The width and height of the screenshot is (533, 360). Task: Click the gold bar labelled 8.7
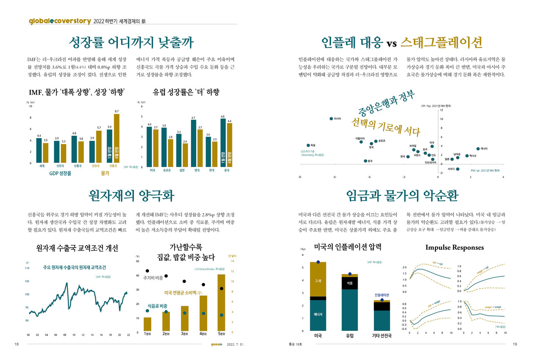pyautogui.click(x=116, y=138)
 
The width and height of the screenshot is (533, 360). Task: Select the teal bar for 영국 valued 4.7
pyautogui.click(x=193, y=144)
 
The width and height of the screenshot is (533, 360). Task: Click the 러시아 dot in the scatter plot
pyautogui.click(x=331, y=119)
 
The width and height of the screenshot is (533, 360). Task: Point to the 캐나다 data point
pyautogui.click(x=478, y=149)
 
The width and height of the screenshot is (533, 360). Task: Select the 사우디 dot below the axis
pyautogui.click(x=458, y=169)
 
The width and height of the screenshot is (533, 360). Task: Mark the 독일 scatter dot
pyautogui.click(x=308, y=145)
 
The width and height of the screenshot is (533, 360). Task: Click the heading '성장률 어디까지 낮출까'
pyautogui.click(x=131, y=42)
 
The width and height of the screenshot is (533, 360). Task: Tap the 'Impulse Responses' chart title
pyautogui.click(x=454, y=247)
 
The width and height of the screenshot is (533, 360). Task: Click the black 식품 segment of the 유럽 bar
pyautogui.click(x=350, y=283)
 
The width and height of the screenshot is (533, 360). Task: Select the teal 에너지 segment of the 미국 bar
pyautogui.click(x=318, y=315)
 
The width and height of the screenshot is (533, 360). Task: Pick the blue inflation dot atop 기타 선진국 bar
pyautogui.click(x=382, y=300)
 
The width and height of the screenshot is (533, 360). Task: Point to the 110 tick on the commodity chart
pyautogui.click(x=27, y=268)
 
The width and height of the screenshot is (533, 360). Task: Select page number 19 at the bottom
pyautogui.click(x=515, y=344)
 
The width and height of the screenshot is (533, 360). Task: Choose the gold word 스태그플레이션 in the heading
pyautogui.click(x=441, y=42)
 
